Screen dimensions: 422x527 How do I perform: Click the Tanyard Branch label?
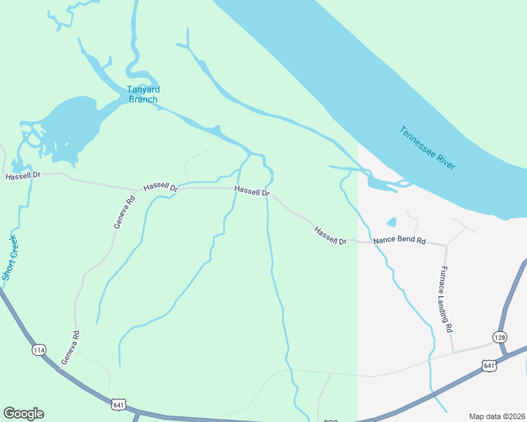click(x=143, y=94)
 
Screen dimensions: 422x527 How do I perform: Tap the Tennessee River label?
click(x=427, y=148)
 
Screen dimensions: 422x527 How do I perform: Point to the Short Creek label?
click(x=9, y=258)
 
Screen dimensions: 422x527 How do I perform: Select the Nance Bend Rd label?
click(x=399, y=241)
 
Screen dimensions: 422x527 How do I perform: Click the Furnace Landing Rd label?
click(x=445, y=298)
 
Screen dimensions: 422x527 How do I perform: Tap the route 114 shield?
click(x=38, y=350)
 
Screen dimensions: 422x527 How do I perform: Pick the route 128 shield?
click(x=500, y=337)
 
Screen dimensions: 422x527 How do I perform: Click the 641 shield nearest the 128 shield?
click(x=489, y=365)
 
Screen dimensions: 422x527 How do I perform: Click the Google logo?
click(x=23, y=414)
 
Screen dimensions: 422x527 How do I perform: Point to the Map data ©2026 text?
click(x=497, y=416)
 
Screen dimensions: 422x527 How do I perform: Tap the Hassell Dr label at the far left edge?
click(x=23, y=176)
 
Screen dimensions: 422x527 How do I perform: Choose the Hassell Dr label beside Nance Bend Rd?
click(x=330, y=236)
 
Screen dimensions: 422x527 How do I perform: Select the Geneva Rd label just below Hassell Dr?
click(x=124, y=212)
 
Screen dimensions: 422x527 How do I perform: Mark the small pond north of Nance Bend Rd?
click(x=392, y=222)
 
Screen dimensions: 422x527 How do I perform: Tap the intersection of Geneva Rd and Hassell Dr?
click(x=137, y=189)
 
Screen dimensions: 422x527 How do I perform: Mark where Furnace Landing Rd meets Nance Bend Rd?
click(x=445, y=245)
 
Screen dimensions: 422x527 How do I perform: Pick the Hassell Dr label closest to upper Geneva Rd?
click(x=161, y=187)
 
